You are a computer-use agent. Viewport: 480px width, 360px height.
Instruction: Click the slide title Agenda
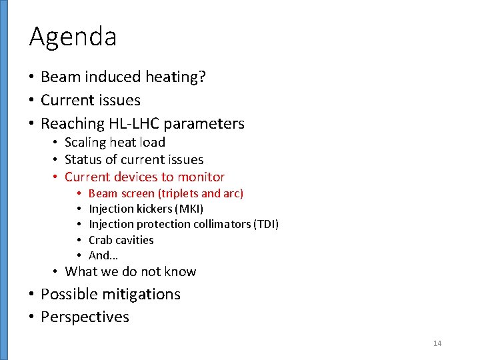pyautogui.click(x=73, y=37)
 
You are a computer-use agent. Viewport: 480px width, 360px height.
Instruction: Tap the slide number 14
pyautogui.click(x=437, y=343)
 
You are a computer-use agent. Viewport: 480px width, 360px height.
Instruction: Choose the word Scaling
pyautogui.click(x=85, y=142)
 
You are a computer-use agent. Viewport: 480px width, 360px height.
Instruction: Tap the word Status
pyautogui.click(x=83, y=159)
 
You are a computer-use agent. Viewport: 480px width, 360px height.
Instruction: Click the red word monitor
pyautogui.click(x=202, y=177)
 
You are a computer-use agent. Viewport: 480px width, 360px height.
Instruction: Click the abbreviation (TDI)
pyautogui.click(x=266, y=224)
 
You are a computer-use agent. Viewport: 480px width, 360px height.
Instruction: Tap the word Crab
pyautogui.click(x=100, y=240)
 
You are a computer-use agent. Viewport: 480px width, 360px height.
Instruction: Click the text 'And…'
pyautogui.click(x=103, y=255)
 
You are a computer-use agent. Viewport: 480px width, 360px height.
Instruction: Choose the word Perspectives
pyautogui.click(x=85, y=317)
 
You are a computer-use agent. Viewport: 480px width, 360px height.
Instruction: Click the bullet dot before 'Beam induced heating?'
pyautogui.click(x=32, y=77)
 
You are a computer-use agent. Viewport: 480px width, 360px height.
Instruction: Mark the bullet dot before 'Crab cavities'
pyautogui.click(x=79, y=240)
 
